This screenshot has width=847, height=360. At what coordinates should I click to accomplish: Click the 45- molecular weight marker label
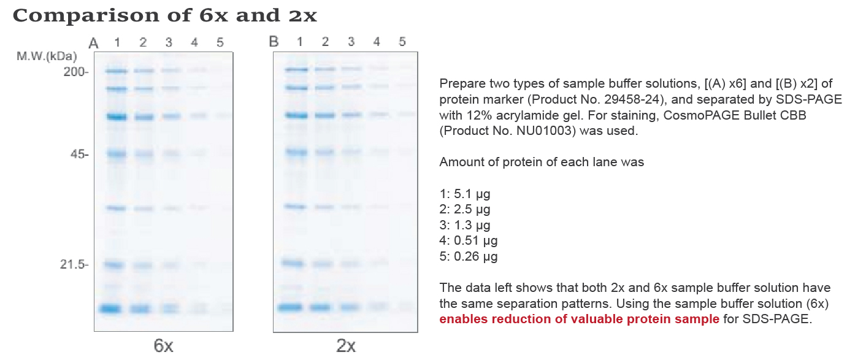click(79, 154)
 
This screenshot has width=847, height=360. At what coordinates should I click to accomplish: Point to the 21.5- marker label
click(75, 265)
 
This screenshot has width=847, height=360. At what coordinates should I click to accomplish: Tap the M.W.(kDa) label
click(47, 57)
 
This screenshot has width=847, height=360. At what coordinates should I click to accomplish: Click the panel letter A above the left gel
click(93, 43)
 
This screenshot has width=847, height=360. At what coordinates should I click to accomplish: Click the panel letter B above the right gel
click(274, 42)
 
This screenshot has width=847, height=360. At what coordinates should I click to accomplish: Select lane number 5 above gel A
click(220, 42)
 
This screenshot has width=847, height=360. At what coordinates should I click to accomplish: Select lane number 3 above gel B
click(351, 42)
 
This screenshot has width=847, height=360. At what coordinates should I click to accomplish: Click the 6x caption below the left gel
click(163, 346)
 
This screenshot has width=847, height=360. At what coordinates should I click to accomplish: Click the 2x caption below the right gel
click(346, 346)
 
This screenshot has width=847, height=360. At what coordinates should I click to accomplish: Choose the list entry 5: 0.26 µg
click(469, 256)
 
